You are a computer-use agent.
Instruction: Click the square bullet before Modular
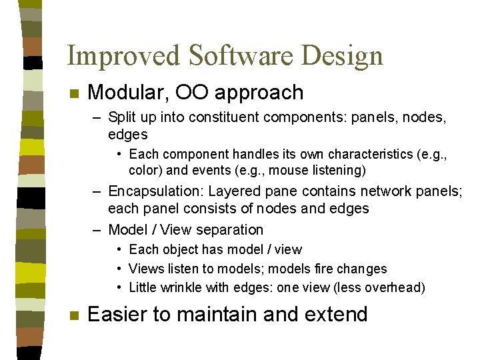(x=75, y=93)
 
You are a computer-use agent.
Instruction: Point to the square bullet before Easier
(x=75, y=315)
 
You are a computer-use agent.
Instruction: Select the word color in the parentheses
(x=143, y=170)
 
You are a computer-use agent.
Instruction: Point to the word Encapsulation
(x=153, y=192)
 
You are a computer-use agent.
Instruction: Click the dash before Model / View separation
(x=97, y=230)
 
